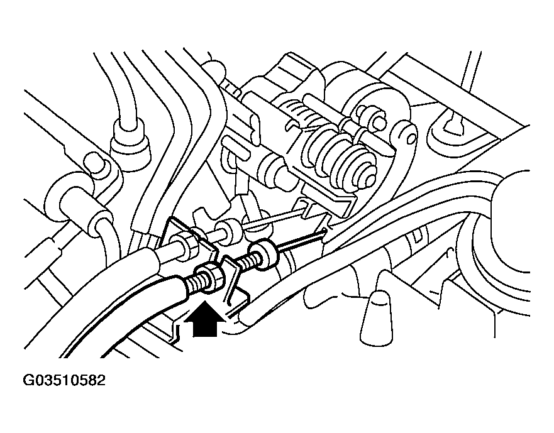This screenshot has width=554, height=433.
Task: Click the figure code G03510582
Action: tap(64, 380)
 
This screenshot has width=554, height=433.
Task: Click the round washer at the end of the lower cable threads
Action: tap(263, 255)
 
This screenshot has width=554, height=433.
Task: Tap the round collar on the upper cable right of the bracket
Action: tap(229, 231)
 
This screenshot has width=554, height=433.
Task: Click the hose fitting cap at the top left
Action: tap(130, 141)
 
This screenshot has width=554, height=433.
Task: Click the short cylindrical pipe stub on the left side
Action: tap(85, 209)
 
